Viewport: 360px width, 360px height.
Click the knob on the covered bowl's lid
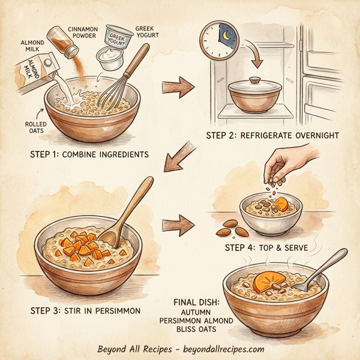tap(254, 80)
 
